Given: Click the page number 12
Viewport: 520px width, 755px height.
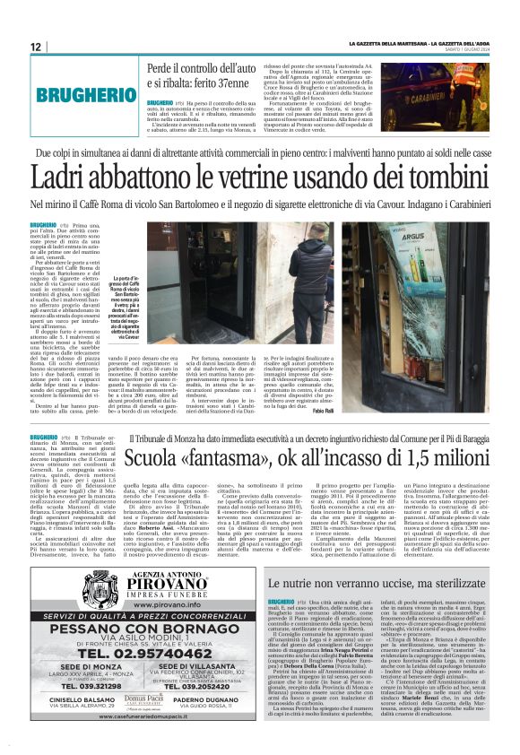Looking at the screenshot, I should click(36, 47).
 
